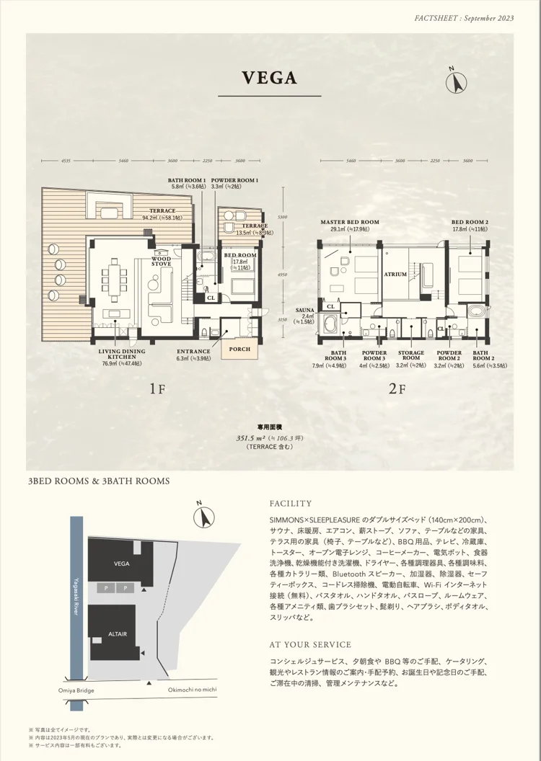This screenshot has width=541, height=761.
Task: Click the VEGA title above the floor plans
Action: pos(270,78)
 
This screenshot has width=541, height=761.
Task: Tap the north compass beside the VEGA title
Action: pos(454,81)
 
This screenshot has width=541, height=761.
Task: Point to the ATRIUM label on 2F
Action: pos(395,275)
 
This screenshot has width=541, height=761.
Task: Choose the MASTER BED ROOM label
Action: pos(351,222)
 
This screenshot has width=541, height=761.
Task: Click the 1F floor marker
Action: pos(157,390)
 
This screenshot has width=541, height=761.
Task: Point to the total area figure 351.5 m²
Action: pos(250,437)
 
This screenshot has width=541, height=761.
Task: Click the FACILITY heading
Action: pos(290,504)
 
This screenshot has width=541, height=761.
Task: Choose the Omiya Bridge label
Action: pos(76,690)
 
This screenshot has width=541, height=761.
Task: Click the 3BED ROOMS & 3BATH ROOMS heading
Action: pos(98,481)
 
